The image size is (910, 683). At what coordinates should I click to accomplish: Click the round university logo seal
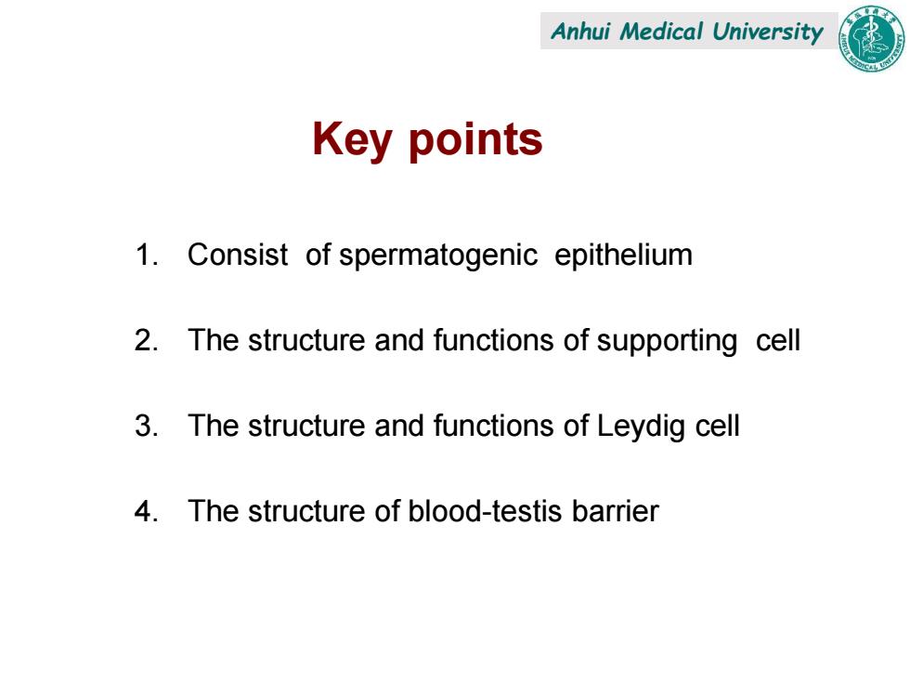(871, 38)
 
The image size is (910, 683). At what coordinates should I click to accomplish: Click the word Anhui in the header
(580, 32)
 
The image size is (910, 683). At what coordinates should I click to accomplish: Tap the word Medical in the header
(661, 32)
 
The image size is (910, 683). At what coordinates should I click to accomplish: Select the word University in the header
(768, 33)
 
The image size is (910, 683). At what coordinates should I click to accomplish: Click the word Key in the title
(351, 140)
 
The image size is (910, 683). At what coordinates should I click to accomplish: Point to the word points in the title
(475, 140)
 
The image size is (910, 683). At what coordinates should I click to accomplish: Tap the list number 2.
(147, 340)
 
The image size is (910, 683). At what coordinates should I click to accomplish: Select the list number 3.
(147, 426)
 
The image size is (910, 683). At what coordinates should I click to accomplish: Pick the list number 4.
(147, 511)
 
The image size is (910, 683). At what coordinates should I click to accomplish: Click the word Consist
(238, 255)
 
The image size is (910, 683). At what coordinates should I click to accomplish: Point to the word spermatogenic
(438, 256)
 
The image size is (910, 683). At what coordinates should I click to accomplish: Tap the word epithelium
(623, 256)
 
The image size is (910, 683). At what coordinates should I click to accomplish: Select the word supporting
(668, 342)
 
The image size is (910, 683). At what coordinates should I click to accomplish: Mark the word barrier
(615, 511)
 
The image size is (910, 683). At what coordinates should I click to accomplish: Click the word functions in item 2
(493, 340)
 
